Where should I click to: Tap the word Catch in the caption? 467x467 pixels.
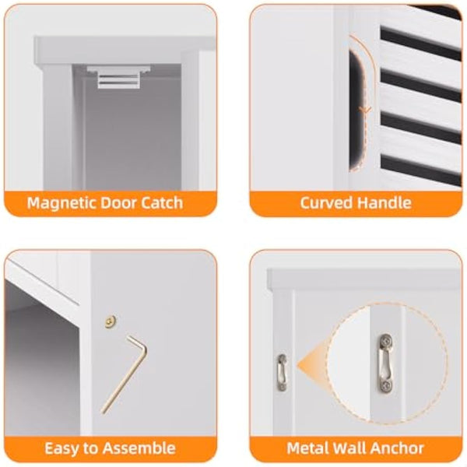pyautogui.click(x=160, y=204)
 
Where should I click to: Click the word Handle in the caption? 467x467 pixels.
pyautogui.click(x=384, y=204)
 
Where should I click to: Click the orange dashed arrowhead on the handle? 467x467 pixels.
pyautogui.click(x=363, y=111)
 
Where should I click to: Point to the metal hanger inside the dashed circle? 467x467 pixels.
pyautogui.click(x=384, y=363)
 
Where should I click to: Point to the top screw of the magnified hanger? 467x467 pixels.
pyautogui.click(x=384, y=342)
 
